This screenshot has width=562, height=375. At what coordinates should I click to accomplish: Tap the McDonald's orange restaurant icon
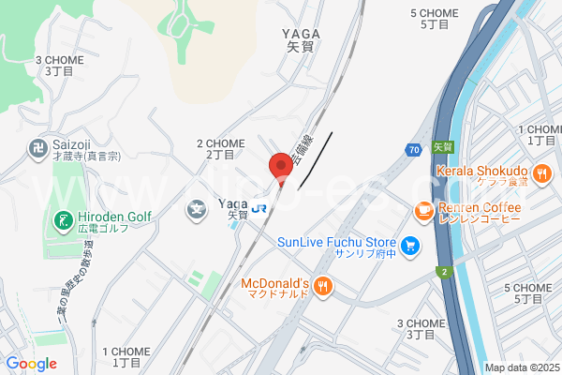click(x=321, y=285)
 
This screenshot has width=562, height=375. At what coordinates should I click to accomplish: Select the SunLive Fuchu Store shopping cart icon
click(x=411, y=247)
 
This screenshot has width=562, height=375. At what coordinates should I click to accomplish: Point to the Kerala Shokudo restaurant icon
click(x=541, y=174)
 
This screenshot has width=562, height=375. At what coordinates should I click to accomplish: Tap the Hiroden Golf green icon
click(x=63, y=221)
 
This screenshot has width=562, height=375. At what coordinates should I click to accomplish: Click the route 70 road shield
click(x=413, y=149)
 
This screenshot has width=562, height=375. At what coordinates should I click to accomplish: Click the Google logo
click(x=31, y=364)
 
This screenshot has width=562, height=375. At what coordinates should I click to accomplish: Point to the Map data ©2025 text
click(x=520, y=367)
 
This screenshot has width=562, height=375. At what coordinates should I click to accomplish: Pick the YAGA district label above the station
click(x=302, y=37)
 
